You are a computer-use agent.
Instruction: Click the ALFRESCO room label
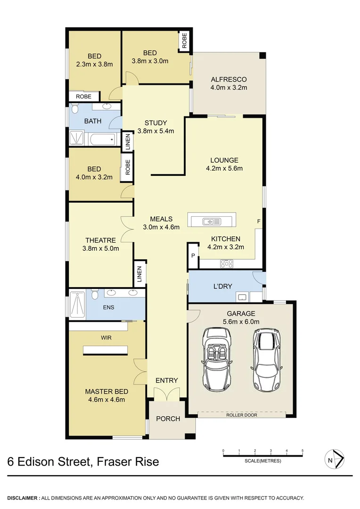pyautogui.click(x=229, y=79)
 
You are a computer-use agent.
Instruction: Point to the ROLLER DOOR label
pyautogui.click(x=241, y=415)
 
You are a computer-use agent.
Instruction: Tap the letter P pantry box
pyautogui.click(x=193, y=255)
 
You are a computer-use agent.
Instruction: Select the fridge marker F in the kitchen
pyautogui.click(x=258, y=221)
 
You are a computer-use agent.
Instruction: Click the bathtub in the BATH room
pyautogui.click(x=102, y=139)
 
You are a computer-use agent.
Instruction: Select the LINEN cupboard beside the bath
pyautogui.click(x=127, y=141)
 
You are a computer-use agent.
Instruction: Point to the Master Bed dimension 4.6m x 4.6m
pyautogui.click(x=106, y=400)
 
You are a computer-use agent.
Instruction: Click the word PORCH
pyautogui.click(x=168, y=419)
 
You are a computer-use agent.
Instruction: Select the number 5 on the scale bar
pyautogui.click(x=302, y=451)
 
